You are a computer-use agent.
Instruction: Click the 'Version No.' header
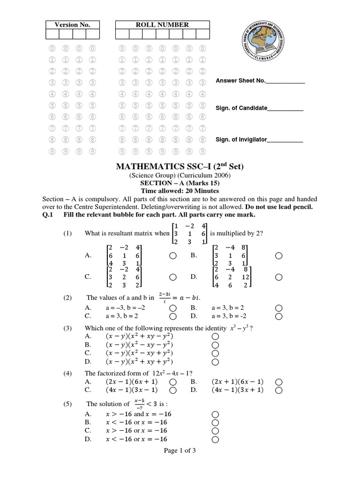[72, 25]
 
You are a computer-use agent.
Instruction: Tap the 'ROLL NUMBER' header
[162, 25]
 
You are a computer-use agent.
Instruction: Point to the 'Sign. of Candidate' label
[241, 108]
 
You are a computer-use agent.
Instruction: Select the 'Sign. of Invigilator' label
[241, 139]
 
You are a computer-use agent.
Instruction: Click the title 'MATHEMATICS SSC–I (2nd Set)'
[180, 166]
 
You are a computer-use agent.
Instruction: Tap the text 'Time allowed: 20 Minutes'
[180, 191]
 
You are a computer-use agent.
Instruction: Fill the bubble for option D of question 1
[279, 277]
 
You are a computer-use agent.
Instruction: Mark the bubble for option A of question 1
[172, 255]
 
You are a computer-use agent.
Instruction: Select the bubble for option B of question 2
[279, 308]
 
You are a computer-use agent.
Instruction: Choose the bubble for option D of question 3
[215, 362]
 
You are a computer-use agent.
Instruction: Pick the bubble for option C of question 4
[172, 390]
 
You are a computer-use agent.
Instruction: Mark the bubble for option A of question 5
[215, 414]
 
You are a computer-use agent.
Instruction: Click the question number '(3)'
[67, 328]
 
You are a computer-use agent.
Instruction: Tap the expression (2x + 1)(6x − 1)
[238, 382]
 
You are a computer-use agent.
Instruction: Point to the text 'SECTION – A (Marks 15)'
[180, 183]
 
